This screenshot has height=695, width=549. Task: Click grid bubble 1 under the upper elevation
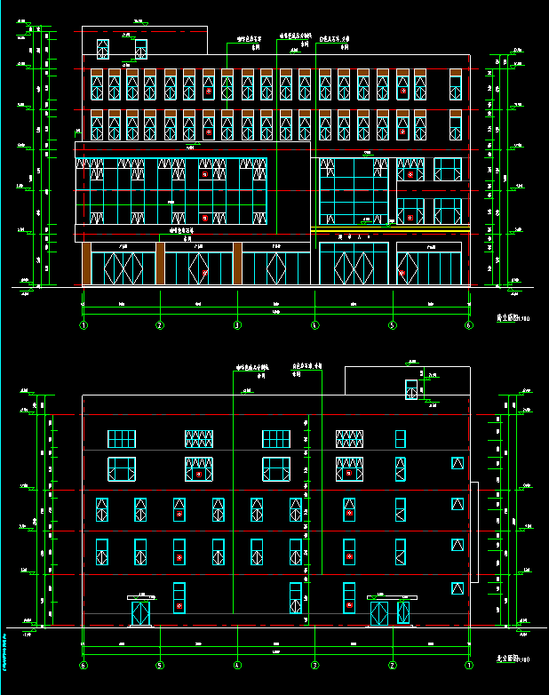point(84,326)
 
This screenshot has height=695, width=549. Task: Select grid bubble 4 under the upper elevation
point(314,326)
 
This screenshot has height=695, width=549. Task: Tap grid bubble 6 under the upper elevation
point(469,326)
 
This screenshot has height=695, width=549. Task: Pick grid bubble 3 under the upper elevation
point(237,326)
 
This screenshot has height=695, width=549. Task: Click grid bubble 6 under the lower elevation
point(84,665)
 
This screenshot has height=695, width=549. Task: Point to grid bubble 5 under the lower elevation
point(160,665)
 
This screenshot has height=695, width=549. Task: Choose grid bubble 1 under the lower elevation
point(469,665)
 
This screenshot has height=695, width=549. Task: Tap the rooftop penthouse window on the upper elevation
point(141,49)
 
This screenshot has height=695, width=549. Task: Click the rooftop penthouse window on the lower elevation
point(411,390)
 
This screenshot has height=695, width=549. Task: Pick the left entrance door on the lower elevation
point(141,613)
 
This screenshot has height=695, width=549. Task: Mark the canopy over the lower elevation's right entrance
point(391,596)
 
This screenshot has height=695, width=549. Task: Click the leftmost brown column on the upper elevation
point(86,264)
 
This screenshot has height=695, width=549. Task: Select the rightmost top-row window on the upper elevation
point(456,85)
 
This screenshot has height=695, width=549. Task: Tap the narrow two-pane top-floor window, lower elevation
point(401,439)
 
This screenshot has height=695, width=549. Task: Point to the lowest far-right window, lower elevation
point(457,588)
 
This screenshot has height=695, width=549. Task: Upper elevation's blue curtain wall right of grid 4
point(354,192)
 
